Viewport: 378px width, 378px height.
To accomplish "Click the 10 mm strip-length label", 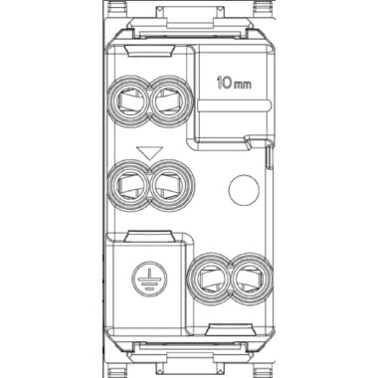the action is point(234,83).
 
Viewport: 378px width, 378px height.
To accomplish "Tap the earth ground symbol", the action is point(149,279).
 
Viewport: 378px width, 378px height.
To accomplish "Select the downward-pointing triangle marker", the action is point(150,152).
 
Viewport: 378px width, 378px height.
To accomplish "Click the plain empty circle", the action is point(244,190).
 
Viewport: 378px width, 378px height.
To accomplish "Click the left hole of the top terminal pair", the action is point(130,101).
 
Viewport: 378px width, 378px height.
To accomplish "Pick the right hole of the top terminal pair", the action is point(170,101).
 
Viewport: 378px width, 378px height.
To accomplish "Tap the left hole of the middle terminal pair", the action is point(130,186).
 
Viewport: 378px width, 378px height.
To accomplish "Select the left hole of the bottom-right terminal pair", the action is point(209,279).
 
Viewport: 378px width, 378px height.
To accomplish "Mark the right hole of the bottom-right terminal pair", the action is point(250,279).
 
